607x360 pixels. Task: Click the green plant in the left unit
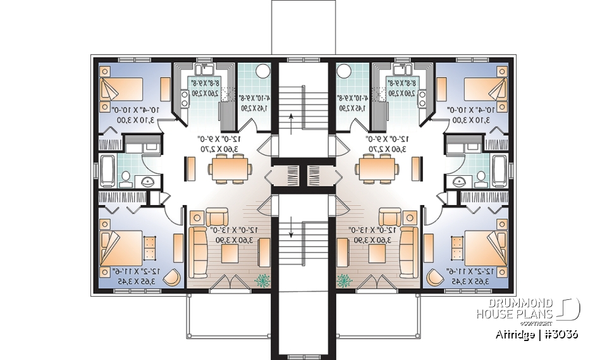pos(261,279)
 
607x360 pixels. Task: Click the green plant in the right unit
pos(345,279)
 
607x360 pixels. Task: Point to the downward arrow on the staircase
pos(291,227)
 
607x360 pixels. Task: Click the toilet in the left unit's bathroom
pos(125,177)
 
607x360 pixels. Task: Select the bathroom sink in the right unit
pos(460,183)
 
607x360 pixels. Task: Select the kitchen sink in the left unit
pos(206,69)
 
